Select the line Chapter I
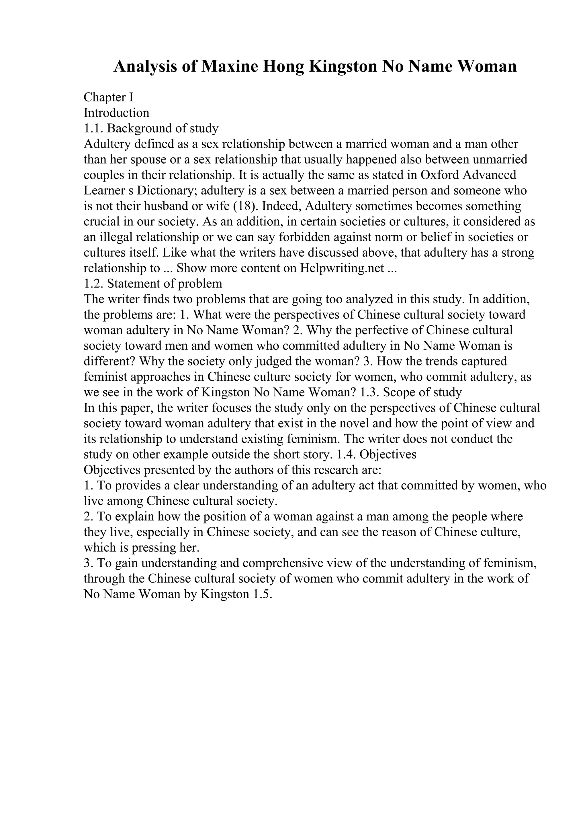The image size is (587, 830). [x=109, y=97]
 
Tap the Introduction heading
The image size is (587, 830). [x=116, y=113]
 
